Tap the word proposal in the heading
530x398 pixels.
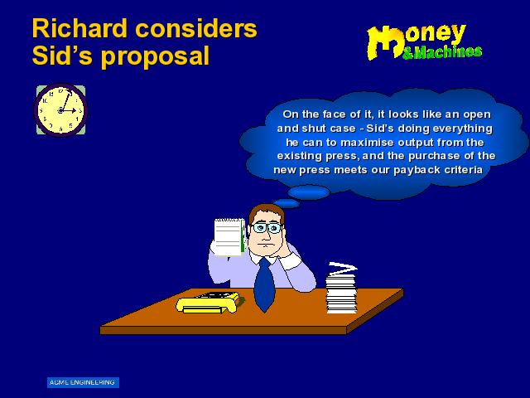(156, 56)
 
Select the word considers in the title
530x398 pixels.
(196, 28)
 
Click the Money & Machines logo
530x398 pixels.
(424, 42)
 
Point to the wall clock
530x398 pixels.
(60, 110)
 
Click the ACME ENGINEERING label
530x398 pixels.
(83, 382)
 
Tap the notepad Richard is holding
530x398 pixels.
(229, 237)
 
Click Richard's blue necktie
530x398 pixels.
(264, 284)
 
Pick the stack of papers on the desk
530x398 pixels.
(341, 289)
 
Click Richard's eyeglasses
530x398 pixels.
(267, 227)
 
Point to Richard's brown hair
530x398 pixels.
(266, 211)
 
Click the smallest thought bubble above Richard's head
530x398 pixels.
(287, 203)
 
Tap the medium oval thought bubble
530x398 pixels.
(309, 192)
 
